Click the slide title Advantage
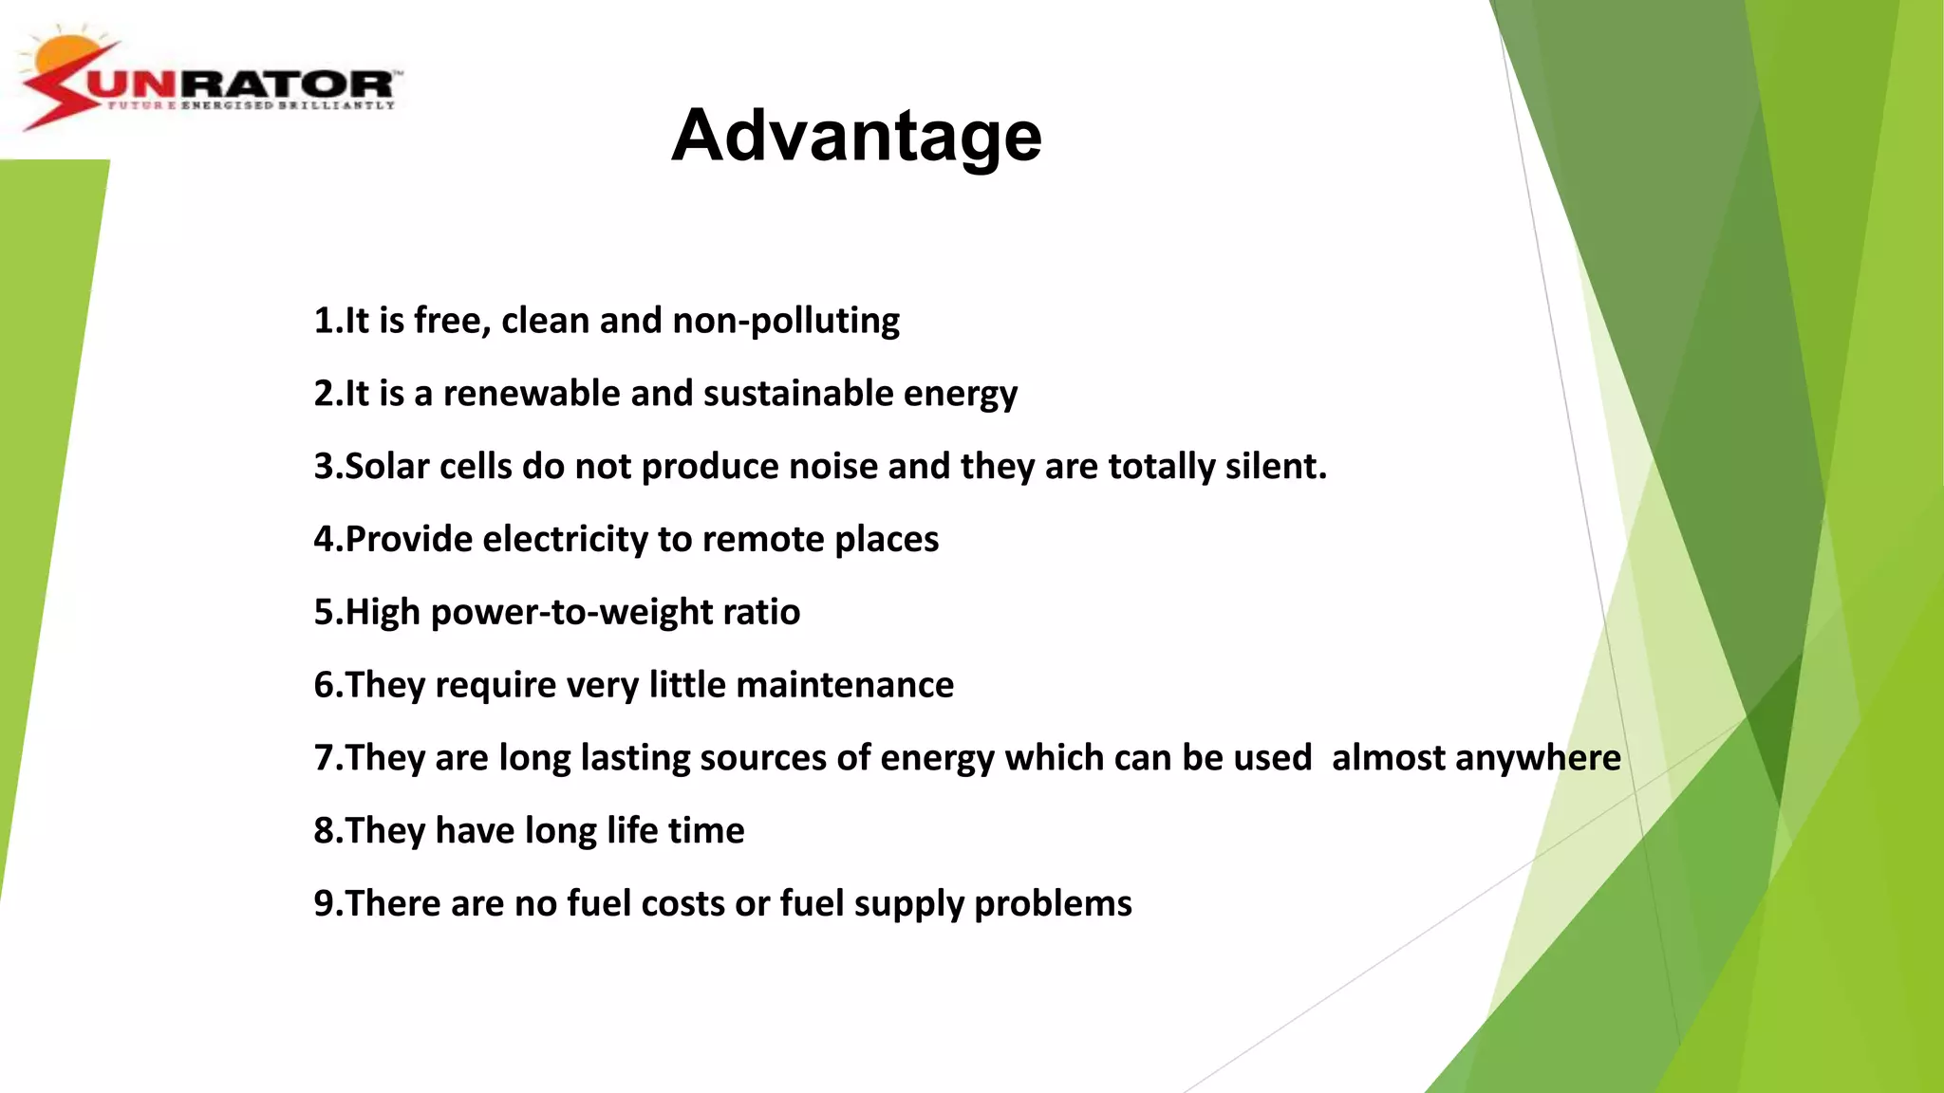click(x=856, y=136)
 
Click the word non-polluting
click(x=786, y=321)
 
